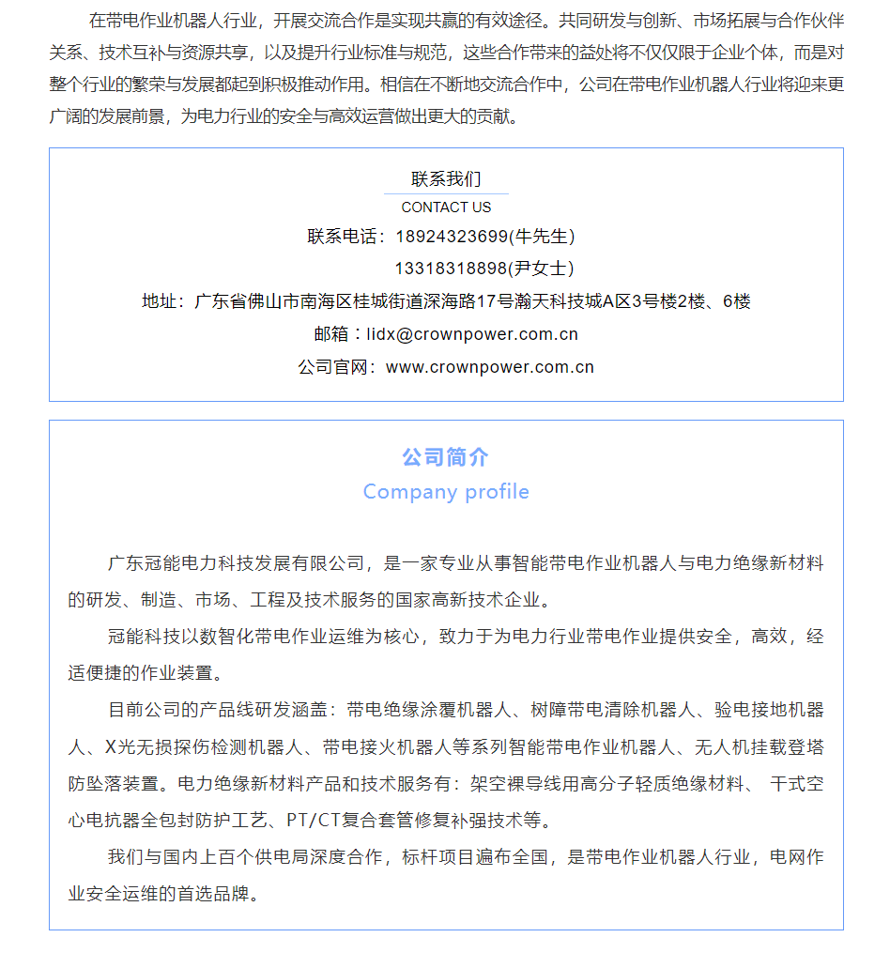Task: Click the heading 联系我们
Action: click(x=446, y=179)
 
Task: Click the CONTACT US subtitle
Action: click(x=446, y=207)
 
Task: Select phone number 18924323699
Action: click(x=451, y=237)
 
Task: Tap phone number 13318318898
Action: click(x=451, y=269)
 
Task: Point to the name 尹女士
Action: click(x=542, y=269)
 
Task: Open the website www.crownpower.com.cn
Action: click(x=490, y=367)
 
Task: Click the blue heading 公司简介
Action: click(x=446, y=457)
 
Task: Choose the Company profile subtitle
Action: click(x=446, y=492)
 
